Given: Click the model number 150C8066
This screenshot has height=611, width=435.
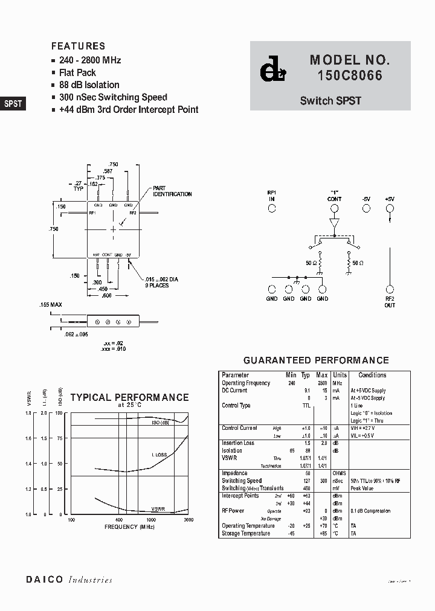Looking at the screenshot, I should (350, 77).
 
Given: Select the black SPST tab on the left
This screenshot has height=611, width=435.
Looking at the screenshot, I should (13, 103).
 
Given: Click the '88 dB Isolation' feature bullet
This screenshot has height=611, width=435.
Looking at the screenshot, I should (89, 85).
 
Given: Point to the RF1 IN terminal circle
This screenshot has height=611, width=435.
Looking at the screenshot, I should (272, 208).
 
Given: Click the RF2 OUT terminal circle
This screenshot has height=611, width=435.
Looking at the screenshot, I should (390, 290).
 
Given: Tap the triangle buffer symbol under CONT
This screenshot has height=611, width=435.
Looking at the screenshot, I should (334, 225).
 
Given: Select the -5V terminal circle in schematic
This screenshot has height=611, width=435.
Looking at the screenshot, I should (366, 208).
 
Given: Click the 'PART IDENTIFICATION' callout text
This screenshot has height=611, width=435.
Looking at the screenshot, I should (172, 191).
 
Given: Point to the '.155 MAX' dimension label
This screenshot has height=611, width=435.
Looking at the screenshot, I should (50, 305).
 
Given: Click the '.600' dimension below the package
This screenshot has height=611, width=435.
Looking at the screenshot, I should (106, 295).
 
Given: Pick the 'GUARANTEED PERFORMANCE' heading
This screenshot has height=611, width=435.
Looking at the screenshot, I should (315, 360).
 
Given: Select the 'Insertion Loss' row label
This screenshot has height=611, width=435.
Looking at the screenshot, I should (238, 443).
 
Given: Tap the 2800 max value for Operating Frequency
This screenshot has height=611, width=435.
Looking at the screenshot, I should (322, 383).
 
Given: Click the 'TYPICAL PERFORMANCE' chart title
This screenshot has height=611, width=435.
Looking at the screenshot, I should (129, 397).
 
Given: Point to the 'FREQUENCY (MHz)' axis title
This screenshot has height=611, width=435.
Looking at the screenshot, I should (129, 527).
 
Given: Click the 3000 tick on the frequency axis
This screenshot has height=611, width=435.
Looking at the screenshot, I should (188, 519).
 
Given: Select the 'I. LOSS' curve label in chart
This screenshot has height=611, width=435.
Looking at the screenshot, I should (160, 454).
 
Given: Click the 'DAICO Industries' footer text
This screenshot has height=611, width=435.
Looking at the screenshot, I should (69, 580).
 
